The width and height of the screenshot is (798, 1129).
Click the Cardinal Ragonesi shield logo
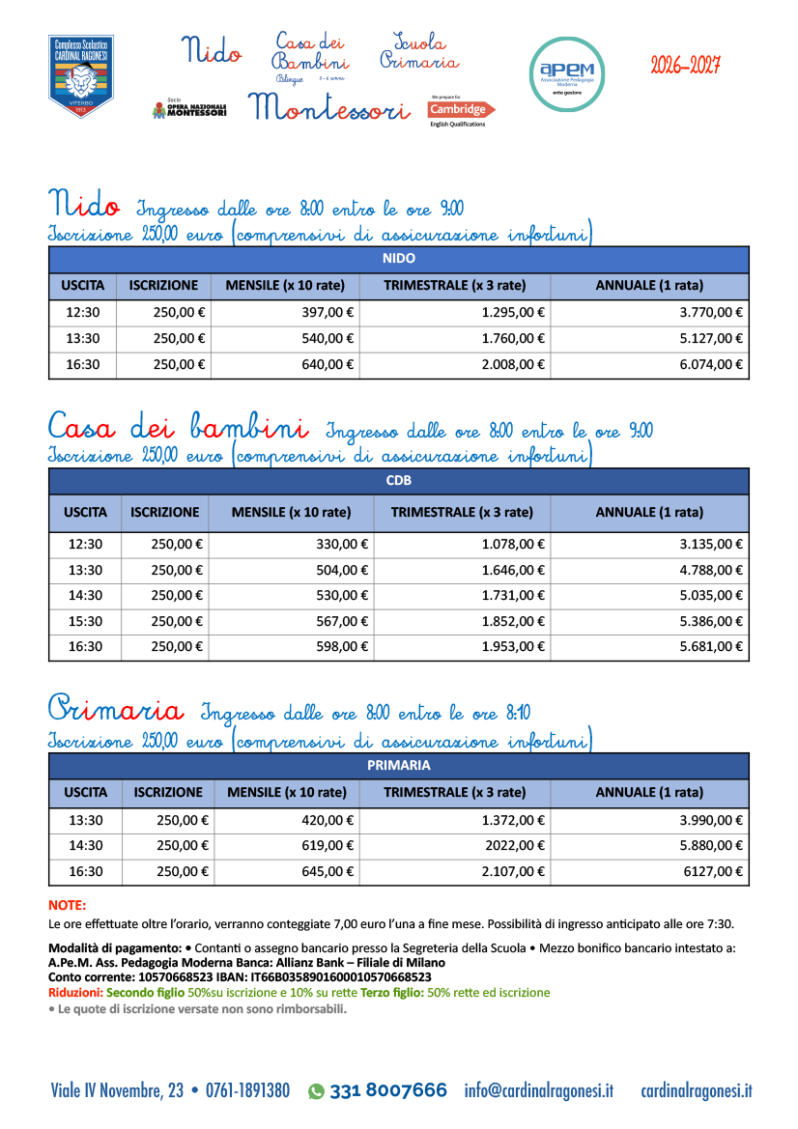pos(81,76)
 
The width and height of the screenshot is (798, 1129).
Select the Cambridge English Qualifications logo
pos(461,110)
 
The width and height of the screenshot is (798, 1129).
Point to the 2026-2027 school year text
pos(685,66)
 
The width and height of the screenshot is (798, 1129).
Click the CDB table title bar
pos(398,480)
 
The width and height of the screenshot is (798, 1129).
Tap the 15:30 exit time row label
pos(85,621)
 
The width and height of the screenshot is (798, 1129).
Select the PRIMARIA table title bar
pos(398,765)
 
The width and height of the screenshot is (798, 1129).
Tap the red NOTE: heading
pos(67,906)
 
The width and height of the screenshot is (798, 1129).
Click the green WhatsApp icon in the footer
pos(316,1091)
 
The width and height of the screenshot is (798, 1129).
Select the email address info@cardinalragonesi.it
pos(538,1091)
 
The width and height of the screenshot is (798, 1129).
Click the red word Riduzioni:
pos(76,992)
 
